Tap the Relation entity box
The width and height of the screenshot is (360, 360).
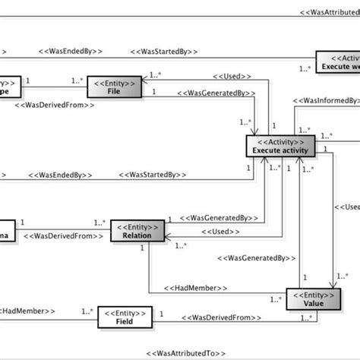(137, 231)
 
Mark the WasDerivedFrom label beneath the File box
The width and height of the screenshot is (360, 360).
(55, 106)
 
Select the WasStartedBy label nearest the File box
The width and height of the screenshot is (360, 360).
(165, 51)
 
